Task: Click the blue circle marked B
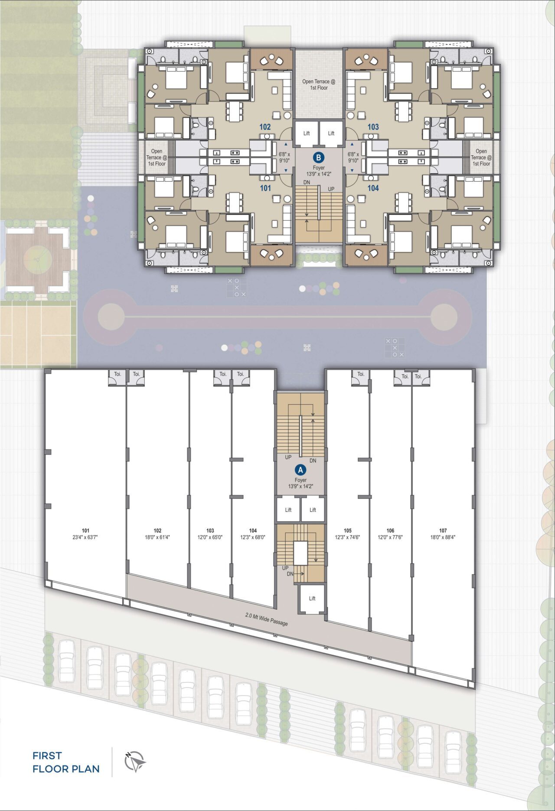(319, 157)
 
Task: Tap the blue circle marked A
(300, 470)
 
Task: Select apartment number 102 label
(265, 127)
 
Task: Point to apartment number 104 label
(373, 188)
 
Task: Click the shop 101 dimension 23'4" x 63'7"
(85, 537)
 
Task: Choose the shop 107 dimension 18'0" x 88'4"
(443, 537)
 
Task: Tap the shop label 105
(347, 530)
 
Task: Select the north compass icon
(134, 762)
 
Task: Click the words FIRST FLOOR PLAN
(66, 762)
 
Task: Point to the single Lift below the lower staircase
(312, 598)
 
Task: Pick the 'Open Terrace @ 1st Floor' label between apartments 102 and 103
(319, 85)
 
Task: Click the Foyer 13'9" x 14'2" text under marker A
(300, 483)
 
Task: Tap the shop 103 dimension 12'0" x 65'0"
(210, 537)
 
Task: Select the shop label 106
(390, 530)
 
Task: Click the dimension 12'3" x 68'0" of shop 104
(253, 537)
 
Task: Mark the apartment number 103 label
(373, 127)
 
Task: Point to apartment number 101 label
(265, 188)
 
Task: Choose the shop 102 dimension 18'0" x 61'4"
(157, 537)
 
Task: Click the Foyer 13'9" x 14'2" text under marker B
(319, 171)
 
